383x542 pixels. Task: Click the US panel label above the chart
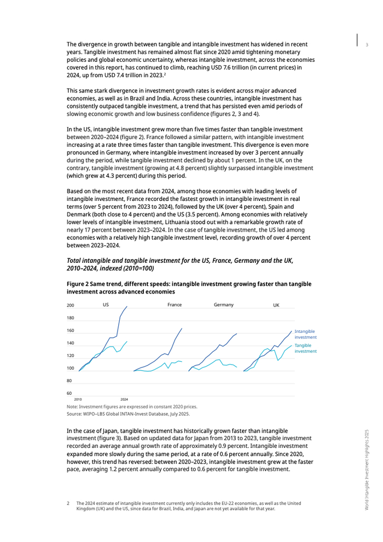(106, 304)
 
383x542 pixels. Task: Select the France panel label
(175, 304)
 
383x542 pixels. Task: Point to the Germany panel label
(224, 304)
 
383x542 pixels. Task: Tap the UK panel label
(276, 304)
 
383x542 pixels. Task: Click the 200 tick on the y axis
(71, 305)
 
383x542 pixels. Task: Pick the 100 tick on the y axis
(71, 368)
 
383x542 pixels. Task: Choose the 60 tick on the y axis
(69, 393)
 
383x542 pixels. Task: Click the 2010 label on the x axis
(78, 400)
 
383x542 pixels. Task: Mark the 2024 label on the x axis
(124, 400)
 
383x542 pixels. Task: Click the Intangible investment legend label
(305, 335)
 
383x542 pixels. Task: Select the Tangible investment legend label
(305, 348)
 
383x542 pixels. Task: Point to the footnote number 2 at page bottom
(68, 503)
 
